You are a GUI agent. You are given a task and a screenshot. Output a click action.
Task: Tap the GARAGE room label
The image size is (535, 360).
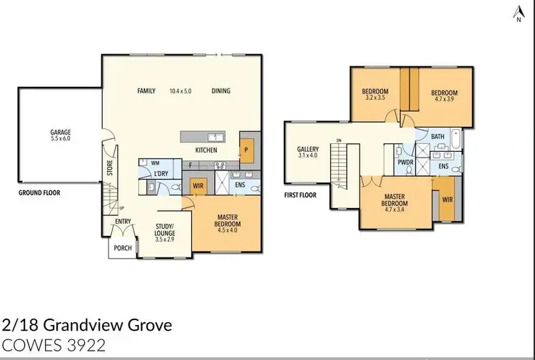(x=60, y=132)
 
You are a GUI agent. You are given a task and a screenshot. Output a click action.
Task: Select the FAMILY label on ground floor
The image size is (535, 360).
(x=146, y=91)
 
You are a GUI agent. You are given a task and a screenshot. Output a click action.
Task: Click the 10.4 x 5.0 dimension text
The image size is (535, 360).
(x=181, y=91)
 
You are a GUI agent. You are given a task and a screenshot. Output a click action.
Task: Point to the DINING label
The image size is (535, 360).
(x=220, y=91)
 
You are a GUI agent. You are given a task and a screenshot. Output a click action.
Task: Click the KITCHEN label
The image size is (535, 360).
(x=206, y=150)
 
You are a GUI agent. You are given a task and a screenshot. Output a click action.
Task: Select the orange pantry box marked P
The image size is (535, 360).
(x=245, y=150)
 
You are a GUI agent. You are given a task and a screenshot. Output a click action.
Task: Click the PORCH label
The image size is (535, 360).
(x=121, y=248)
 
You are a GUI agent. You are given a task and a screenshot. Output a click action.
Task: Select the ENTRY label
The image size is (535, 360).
(x=123, y=222)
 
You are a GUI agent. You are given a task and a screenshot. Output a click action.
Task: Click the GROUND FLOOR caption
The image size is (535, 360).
(x=40, y=192)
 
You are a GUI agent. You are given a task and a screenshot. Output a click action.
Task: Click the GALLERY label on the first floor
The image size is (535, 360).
(x=308, y=149)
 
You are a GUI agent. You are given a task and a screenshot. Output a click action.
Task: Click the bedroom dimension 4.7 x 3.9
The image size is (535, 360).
(x=444, y=99)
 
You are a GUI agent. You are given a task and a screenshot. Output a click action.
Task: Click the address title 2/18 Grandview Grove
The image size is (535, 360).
(x=87, y=326)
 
